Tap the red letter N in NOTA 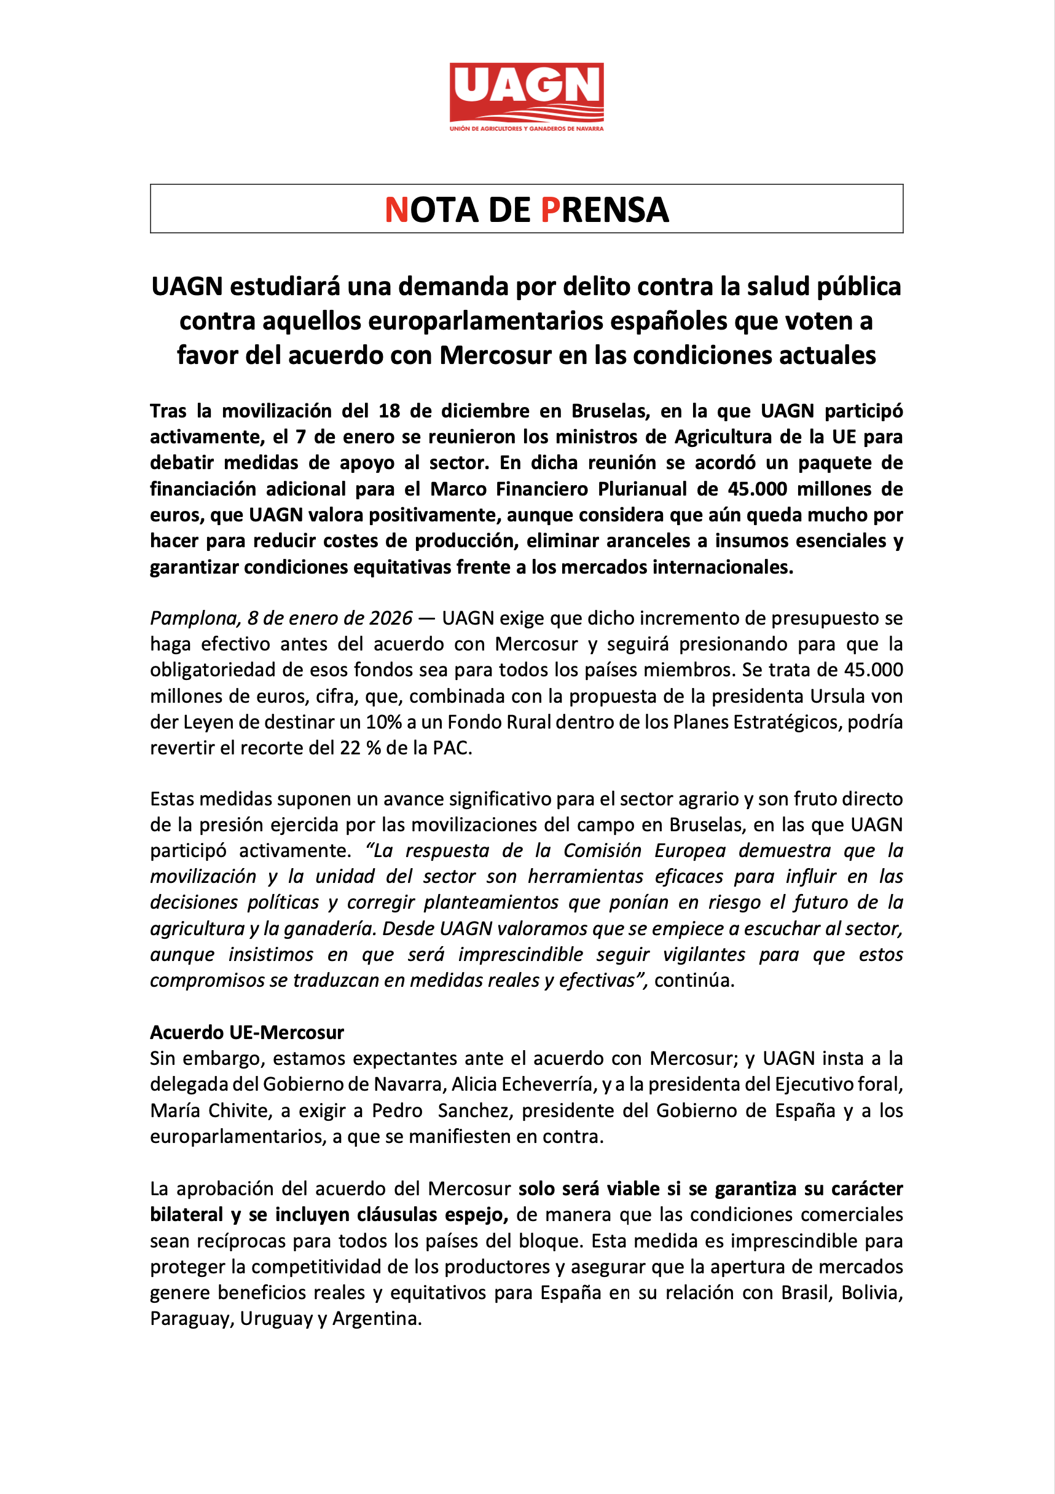(x=396, y=210)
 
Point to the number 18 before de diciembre (x=389, y=411)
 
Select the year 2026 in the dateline (x=391, y=618)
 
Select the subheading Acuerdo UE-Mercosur (x=247, y=1033)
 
